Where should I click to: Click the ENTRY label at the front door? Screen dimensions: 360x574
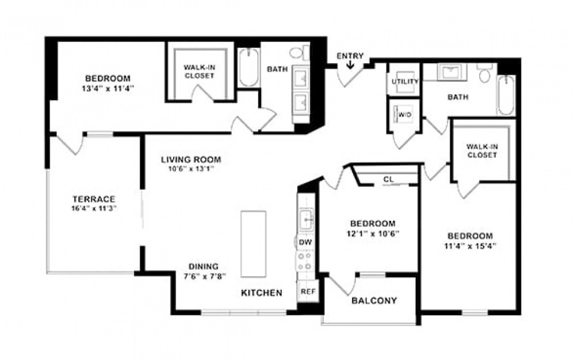350,56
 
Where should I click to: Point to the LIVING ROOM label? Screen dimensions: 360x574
190,159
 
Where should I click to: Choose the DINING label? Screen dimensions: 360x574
203,266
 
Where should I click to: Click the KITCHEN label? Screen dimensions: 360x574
261,293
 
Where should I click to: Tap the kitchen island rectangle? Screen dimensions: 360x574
253,244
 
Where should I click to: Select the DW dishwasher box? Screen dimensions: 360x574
305,243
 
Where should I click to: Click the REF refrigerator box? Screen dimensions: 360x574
308,292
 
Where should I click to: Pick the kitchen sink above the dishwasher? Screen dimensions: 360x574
305,218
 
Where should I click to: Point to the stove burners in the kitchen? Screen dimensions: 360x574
305,262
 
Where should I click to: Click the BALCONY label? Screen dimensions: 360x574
374,301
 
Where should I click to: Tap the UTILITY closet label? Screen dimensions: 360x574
405,82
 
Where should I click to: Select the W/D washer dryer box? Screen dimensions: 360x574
405,115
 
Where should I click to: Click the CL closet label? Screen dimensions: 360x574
388,179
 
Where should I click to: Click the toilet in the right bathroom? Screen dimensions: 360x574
485,73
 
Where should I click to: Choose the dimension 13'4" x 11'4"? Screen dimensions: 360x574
108,88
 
